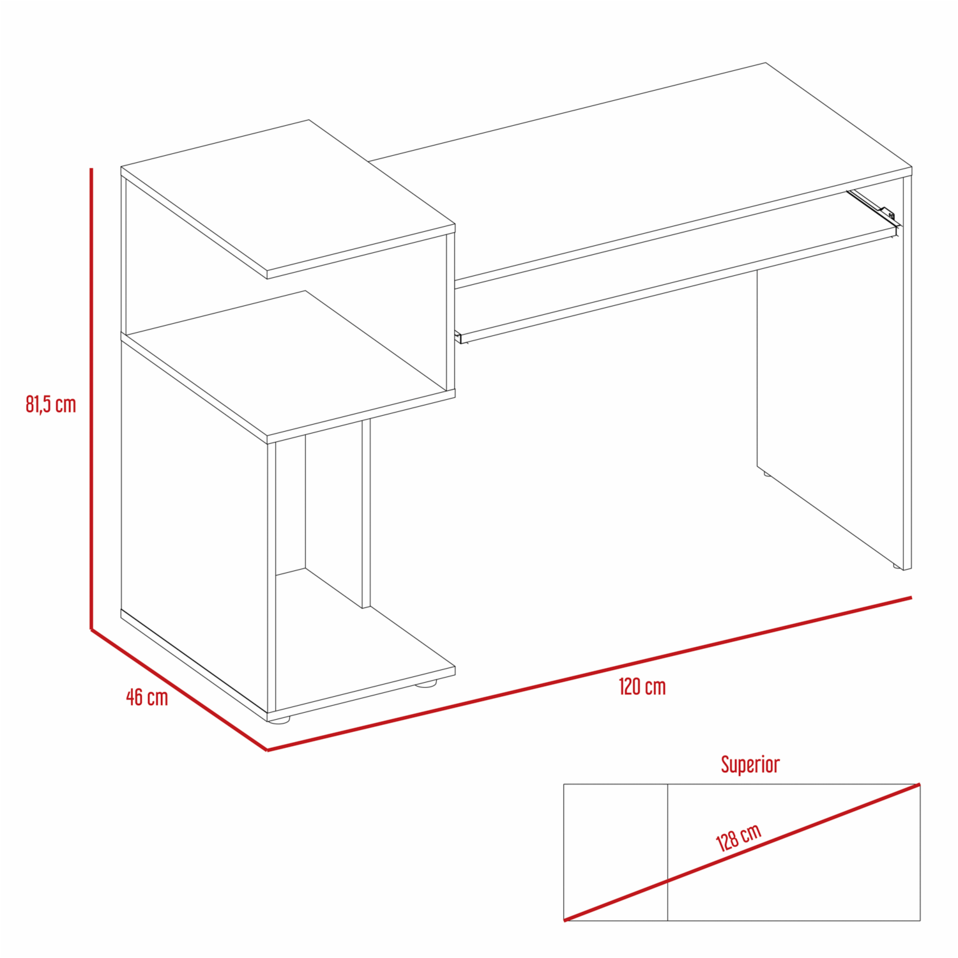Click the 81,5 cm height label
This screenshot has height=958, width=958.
(x=50, y=404)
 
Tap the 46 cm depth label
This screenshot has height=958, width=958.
(x=147, y=697)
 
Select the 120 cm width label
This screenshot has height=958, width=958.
(x=642, y=687)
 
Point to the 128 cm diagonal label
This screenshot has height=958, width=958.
(x=739, y=837)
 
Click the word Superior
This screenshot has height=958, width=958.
(x=750, y=764)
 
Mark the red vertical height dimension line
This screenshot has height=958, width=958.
(x=91, y=399)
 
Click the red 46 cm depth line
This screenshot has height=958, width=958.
(x=179, y=690)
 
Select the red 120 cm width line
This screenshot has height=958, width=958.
(x=589, y=674)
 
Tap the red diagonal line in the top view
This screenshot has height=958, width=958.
(x=742, y=852)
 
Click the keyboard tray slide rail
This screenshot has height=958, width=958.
(x=873, y=206)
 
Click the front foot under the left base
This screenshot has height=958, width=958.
(x=278, y=719)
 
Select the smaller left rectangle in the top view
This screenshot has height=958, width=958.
(x=616, y=852)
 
